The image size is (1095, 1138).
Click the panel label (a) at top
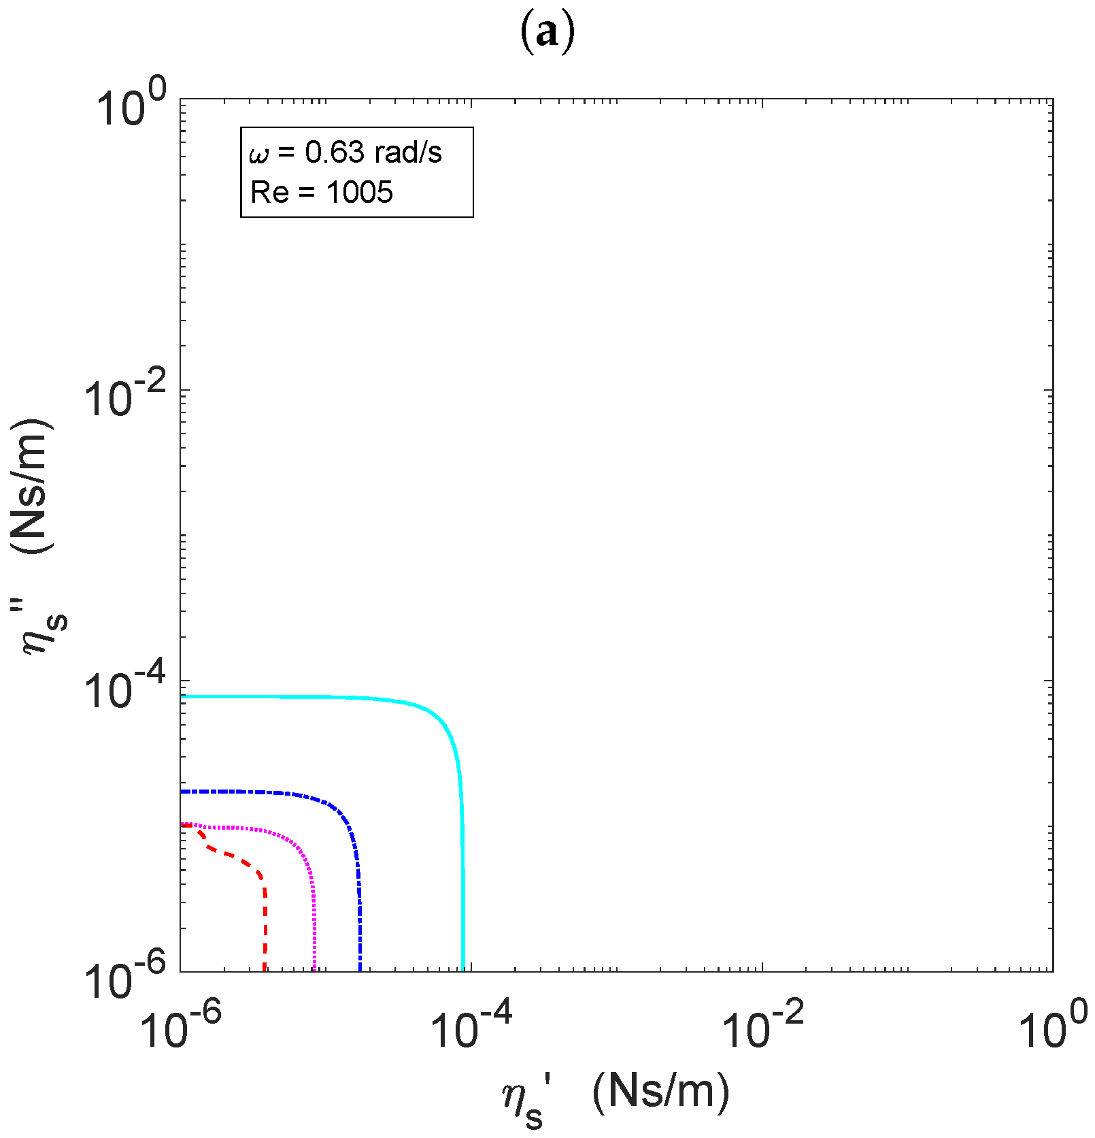pyautogui.click(x=547, y=32)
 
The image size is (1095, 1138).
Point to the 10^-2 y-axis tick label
pyautogui.click(x=116, y=398)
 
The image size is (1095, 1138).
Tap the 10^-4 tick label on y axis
pyautogui.click(x=116, y=688)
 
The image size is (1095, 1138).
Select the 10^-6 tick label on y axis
pyautogui.click(x=116, y=978)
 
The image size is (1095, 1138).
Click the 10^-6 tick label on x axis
pyautogui.click(x=180, y=1027)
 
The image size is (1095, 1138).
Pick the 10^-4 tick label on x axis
pyautogui.click(x=471, y=1027)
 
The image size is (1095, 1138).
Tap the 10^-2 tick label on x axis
pyautogui.click(x=762, y=1027)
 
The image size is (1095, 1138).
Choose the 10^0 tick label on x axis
pyautogui.click(x=1053, y=1027)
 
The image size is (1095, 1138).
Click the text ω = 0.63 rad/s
pyautogui.click(x=346, y=152)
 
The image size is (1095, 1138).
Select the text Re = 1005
pyautogui.click(x=321, y=193)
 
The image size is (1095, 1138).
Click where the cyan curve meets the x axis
pyautogui.click(x=463, y=971)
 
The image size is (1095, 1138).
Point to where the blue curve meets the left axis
pyautogui.click(x=182, y=792)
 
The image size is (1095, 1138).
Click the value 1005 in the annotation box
pyautogui.click(x=359, y=193)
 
